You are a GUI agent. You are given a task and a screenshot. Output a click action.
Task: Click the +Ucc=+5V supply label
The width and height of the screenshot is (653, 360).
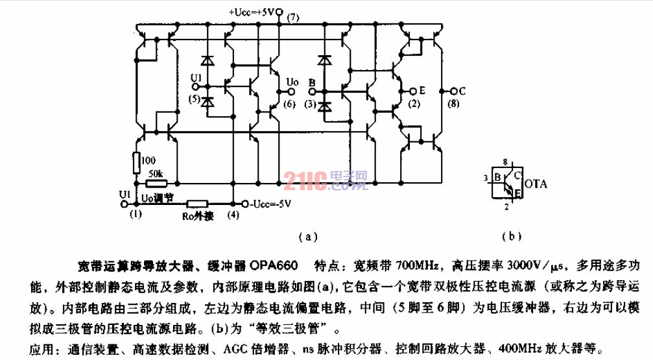coord(252,12)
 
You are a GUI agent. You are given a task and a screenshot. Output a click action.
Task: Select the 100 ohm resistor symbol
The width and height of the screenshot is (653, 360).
coord(137,163)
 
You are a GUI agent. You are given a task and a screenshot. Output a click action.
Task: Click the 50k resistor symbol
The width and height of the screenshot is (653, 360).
coord(157,184)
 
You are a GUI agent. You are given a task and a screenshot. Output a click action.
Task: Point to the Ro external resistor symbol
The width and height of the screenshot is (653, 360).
coord(197,204)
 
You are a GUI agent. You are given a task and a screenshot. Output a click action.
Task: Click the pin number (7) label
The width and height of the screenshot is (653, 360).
coord(293,17)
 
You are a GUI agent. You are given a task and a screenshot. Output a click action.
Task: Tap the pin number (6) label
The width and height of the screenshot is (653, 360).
coord(289,104)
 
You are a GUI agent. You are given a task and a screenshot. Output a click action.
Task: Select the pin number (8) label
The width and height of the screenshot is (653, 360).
coord(453,103)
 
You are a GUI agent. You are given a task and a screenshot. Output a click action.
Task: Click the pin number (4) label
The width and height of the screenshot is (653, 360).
coord(233,215)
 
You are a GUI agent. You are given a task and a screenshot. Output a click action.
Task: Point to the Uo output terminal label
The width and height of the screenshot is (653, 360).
coord(292,82)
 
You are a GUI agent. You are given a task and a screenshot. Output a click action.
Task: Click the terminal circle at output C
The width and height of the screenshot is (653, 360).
coord(454,91)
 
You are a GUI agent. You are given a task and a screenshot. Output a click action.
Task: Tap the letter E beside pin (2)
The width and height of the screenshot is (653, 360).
coord(422,90)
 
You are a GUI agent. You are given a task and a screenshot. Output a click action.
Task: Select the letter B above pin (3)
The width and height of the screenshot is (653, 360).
coord(312,82)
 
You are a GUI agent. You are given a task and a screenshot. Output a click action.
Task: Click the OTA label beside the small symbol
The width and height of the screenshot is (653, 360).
coord(536,184)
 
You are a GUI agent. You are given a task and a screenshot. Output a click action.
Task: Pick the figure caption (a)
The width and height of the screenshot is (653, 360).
coord(308,237)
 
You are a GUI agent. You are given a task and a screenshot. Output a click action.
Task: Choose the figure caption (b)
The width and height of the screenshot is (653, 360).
coord(512,236)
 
